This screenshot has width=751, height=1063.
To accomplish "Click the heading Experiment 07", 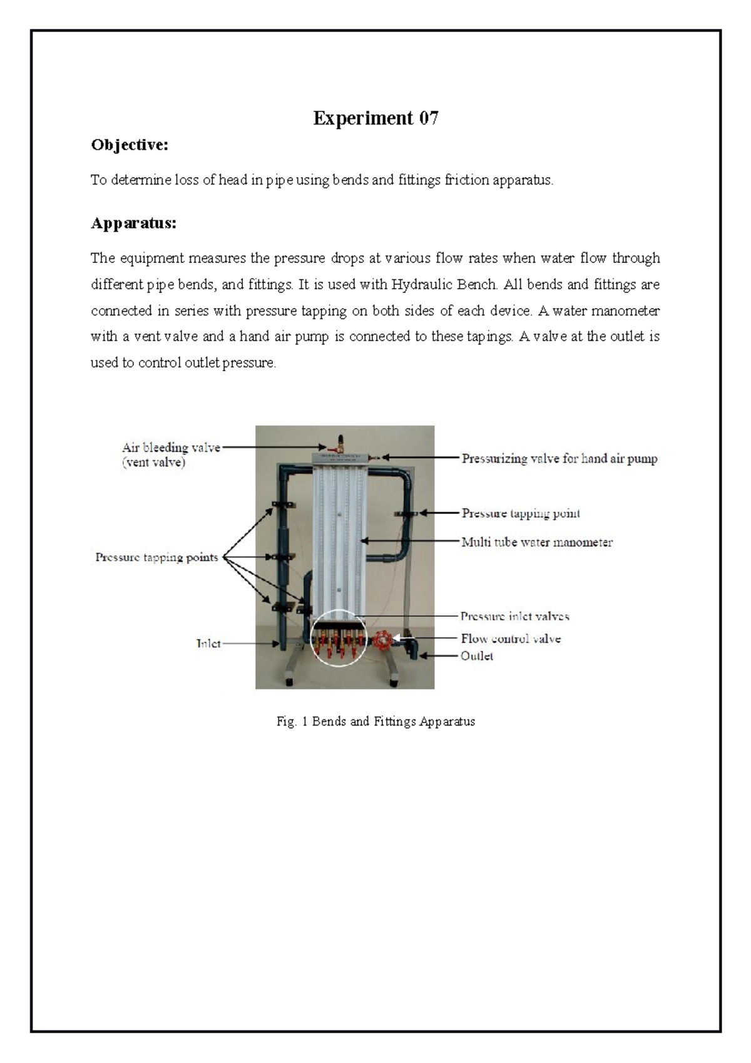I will coord(375,118).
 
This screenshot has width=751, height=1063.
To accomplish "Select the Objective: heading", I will coord(130,145).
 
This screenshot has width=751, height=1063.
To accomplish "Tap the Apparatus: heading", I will coord(133,223).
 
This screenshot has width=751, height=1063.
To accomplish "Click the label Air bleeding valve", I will coord(171,448).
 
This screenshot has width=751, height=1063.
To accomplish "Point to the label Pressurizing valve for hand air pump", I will coord(559,459).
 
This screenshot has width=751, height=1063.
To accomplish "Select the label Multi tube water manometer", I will coord(536,543).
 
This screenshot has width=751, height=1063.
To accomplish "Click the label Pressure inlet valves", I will coord(514,617).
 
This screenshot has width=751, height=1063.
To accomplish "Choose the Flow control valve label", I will coord(510,639).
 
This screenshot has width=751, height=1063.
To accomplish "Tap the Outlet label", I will coord(477,656).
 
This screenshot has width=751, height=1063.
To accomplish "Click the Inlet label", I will coord(208,644).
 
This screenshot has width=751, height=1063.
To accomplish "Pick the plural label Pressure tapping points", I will coord(156,557).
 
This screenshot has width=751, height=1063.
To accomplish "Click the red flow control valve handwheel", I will coord(381,641).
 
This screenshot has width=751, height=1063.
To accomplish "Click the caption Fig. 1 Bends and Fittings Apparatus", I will coord(375,722).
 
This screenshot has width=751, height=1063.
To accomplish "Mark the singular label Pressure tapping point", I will coord(521,514).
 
